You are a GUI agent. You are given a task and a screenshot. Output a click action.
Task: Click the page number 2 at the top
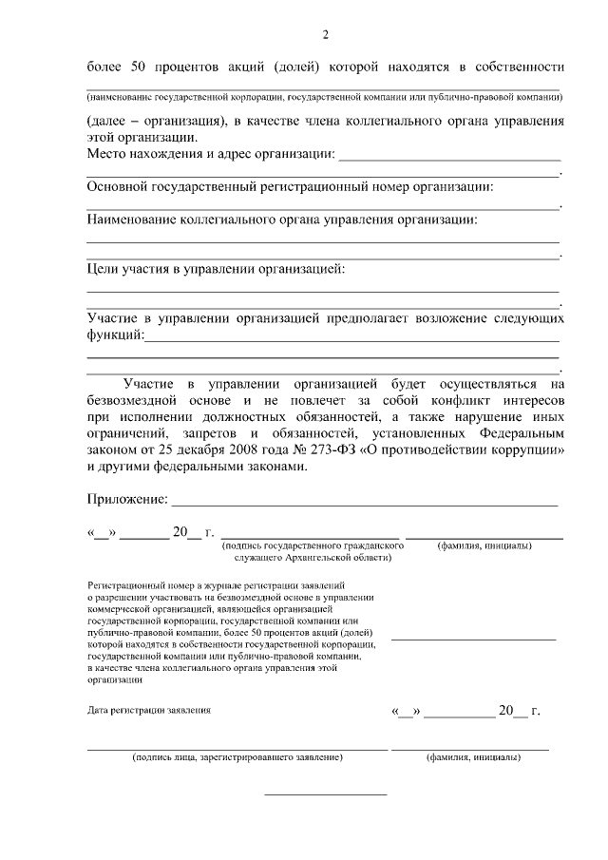click(325, 36)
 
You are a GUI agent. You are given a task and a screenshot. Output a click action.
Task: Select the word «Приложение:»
click(127, 498)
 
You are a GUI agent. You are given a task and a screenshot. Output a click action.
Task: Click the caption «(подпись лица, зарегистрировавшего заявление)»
click(237, 757)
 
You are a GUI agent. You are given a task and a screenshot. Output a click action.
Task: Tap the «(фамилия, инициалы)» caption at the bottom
click(472, 757)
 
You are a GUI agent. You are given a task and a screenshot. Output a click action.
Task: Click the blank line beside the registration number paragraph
click(473, 639)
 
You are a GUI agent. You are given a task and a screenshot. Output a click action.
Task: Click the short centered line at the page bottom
click(325, 793)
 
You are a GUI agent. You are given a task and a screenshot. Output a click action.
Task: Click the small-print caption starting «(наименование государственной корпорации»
click(323, 97)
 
